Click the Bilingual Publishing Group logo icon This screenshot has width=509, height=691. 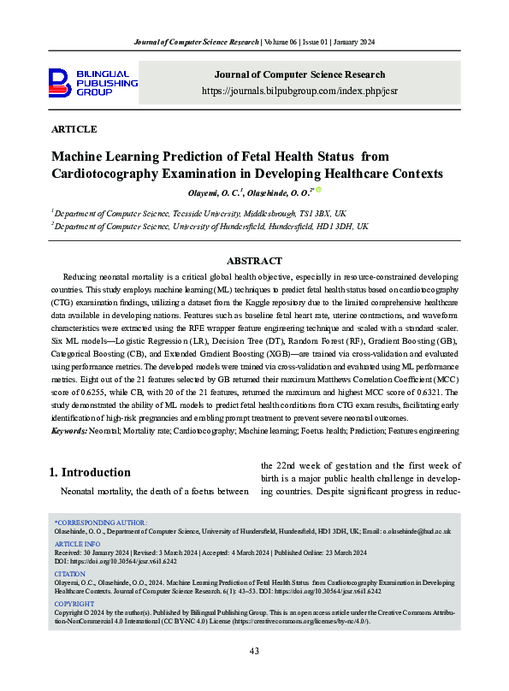click(x=59, y=84)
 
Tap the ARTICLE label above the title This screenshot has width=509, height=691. click(x=74, y=130)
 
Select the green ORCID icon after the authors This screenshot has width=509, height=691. click(x=318, y=191)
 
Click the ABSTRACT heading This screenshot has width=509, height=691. click(x=254, y=261)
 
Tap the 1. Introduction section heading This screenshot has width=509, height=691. click(x=90, y=472)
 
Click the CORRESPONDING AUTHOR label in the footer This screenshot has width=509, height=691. click(x=101, y=522)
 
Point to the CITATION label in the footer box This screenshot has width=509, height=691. click(x=69, y=575)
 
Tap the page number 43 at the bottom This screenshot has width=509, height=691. click(x=254, y=652)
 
